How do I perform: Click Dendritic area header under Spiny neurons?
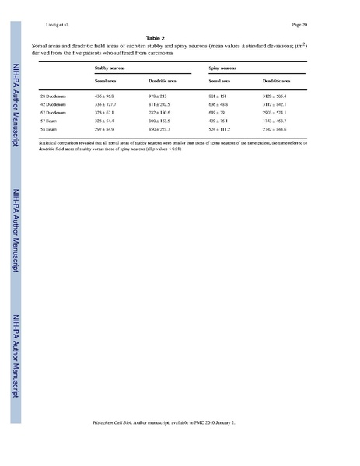click(277, 81)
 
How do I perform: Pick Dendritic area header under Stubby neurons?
click(161, 81)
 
